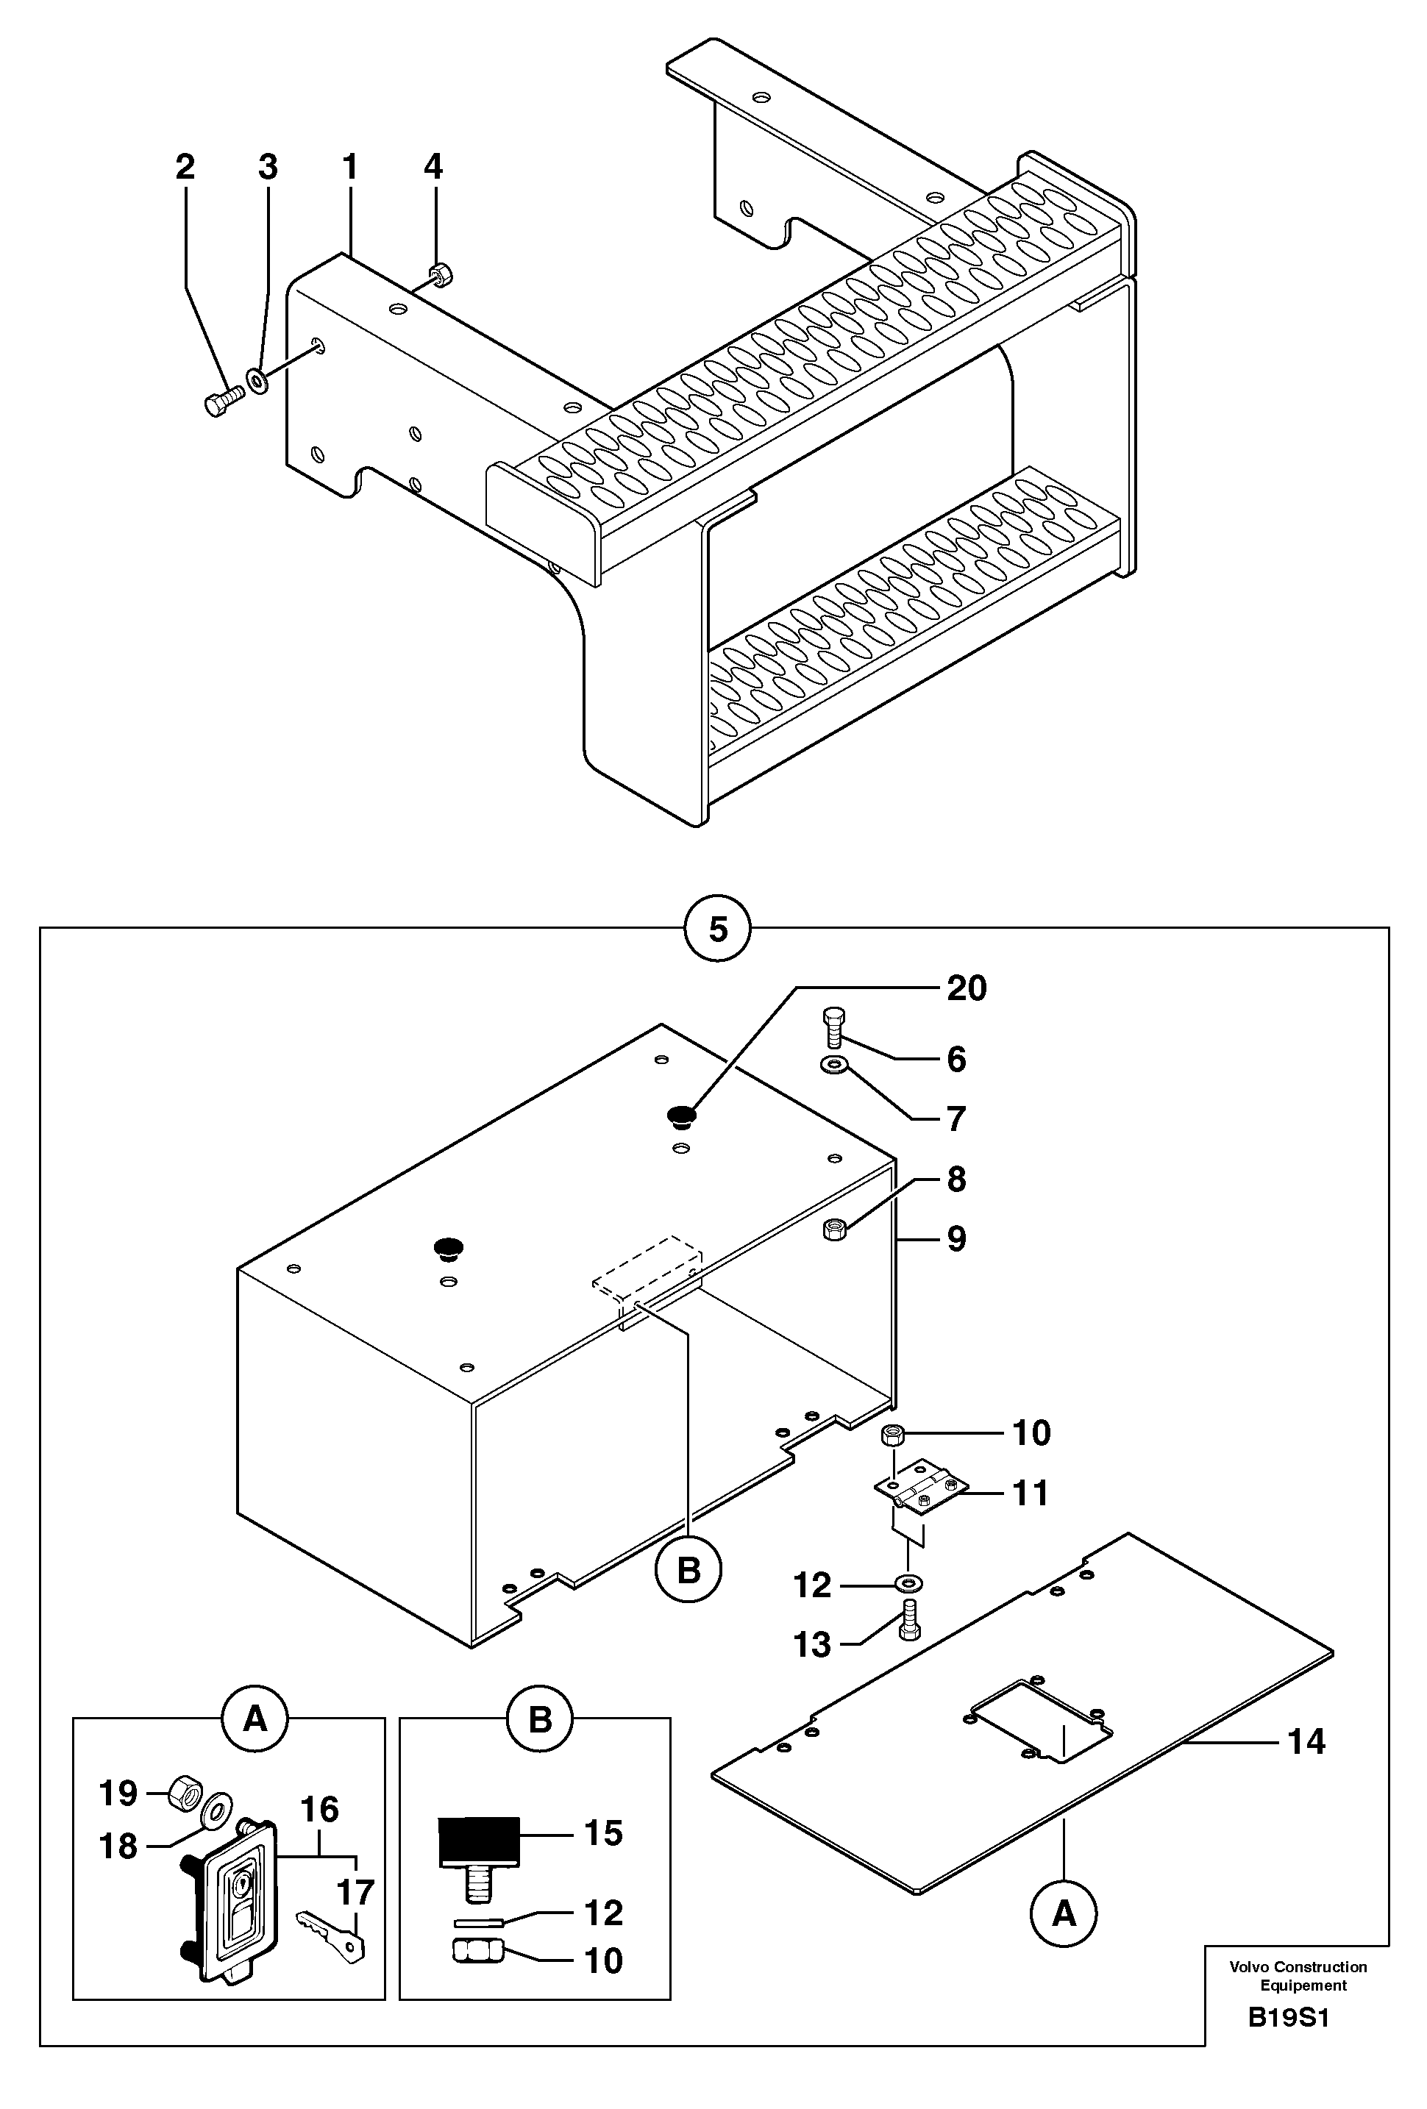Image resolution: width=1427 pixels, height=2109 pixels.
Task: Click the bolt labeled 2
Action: point(220,400)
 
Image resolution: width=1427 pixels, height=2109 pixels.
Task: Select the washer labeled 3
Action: point(257,379)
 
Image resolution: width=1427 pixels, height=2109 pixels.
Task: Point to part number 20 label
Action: point(966,988)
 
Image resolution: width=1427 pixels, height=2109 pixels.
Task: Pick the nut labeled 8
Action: point(834,1230)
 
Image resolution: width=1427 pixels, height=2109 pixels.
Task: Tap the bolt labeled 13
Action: point(908,1623)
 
